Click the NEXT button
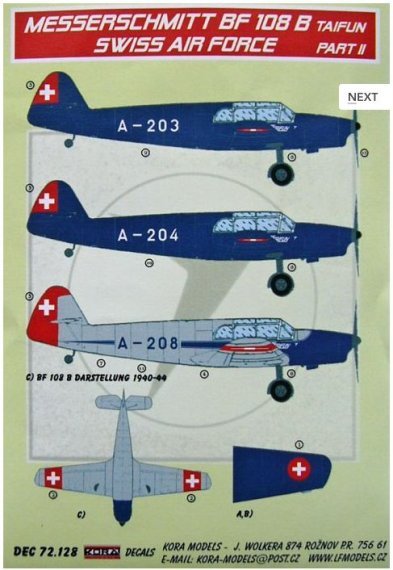(x=362, y=97)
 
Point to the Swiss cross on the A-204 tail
(x=46, y=201)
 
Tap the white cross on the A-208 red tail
(x=46, y=308)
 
